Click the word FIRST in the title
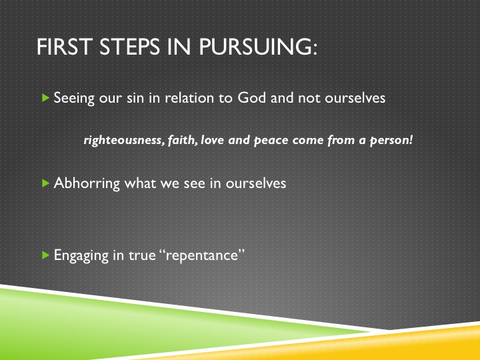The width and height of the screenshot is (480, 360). [64, 47]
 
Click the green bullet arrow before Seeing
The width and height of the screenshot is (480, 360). [45, 98]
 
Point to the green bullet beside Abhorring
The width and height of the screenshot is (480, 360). [45, 183]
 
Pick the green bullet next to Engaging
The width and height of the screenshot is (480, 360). [45, 255]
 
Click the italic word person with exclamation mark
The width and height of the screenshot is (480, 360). [391, 141]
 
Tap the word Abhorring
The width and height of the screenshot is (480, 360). [87, 183]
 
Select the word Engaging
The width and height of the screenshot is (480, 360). [81, 255]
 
